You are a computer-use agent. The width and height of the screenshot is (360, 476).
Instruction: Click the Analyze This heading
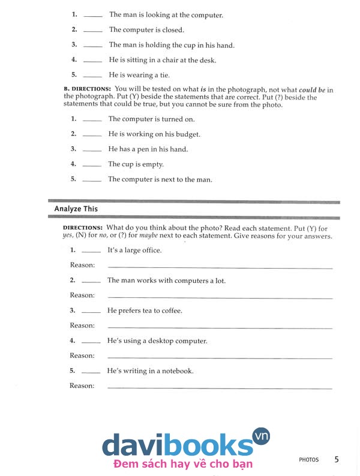click(76, 209)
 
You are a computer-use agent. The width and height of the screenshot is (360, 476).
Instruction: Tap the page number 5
click(337, 459)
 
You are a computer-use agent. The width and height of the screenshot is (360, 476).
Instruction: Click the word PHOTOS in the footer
click(309, 460)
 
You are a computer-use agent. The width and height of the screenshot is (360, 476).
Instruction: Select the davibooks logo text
click(177, 444)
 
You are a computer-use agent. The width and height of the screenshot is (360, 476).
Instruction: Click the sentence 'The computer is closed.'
click(146, 30)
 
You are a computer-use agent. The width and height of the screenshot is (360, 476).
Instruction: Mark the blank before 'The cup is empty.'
click(92, 165)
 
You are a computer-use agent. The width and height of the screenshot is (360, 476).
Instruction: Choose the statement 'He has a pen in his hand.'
click(148, 149)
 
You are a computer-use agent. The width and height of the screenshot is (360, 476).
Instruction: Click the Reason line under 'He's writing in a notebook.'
click(220, 388)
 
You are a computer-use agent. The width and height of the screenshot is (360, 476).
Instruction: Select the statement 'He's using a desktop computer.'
click(157, 341)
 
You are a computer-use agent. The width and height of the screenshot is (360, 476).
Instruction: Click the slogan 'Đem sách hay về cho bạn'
click(182, 463)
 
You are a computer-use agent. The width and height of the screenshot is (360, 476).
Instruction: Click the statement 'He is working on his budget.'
click(154, 134)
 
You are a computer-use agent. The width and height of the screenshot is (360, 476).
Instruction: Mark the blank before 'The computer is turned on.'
click(92, 120)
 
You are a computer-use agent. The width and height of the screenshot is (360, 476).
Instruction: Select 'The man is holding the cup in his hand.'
click(172, 45)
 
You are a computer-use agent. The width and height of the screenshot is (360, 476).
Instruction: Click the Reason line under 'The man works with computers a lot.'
click(220, 298)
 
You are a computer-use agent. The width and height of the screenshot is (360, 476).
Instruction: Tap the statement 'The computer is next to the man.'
click(160, 179)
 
